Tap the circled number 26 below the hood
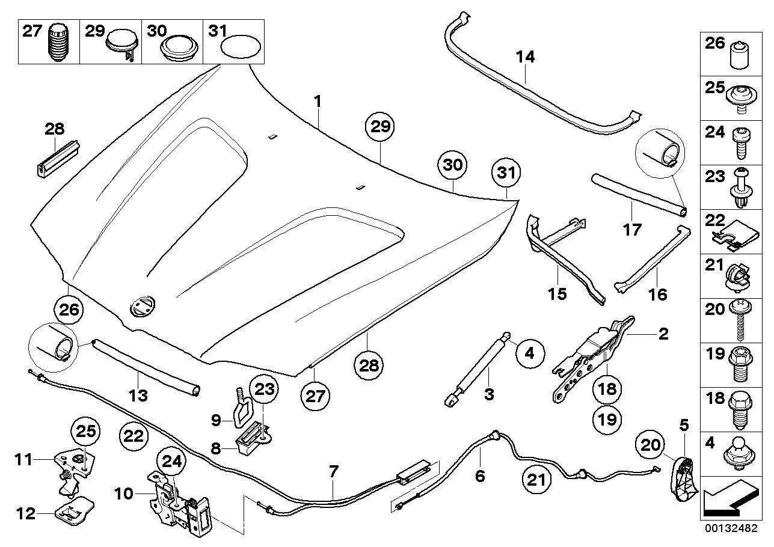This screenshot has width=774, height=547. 69,311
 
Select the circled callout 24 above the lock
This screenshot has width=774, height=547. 171,463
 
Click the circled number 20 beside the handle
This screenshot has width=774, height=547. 651,446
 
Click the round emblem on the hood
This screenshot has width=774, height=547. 142,307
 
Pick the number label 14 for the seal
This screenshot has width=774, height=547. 525,58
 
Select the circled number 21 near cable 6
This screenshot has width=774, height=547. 536,479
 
